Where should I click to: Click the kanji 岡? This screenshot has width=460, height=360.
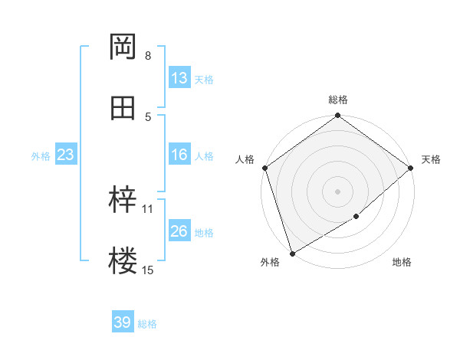123,47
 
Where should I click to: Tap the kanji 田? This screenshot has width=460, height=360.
123,108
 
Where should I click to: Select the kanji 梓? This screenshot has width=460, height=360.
123,200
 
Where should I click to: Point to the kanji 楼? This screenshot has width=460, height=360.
123,261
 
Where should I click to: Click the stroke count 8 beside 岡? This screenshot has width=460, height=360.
148,56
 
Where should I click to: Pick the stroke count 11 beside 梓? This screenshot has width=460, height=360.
148,208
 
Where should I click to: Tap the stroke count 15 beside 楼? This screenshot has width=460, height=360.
148,270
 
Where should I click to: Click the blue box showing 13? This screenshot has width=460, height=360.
179,78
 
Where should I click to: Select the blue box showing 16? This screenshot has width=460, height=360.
179,155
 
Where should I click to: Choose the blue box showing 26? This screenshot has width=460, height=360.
179,231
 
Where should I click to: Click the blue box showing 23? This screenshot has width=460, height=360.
65,155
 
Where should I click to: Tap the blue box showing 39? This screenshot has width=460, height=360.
123,322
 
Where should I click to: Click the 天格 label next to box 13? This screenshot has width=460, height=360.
204,79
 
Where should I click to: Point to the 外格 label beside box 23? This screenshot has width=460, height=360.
41,155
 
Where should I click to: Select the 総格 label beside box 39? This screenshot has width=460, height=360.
147,323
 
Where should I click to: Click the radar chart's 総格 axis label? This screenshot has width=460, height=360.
338,100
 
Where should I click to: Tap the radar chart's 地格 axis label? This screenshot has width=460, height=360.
402,263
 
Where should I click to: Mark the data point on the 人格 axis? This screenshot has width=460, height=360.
264,168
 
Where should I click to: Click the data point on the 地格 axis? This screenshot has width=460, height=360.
356,217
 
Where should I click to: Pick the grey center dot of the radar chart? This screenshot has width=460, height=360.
338,191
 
